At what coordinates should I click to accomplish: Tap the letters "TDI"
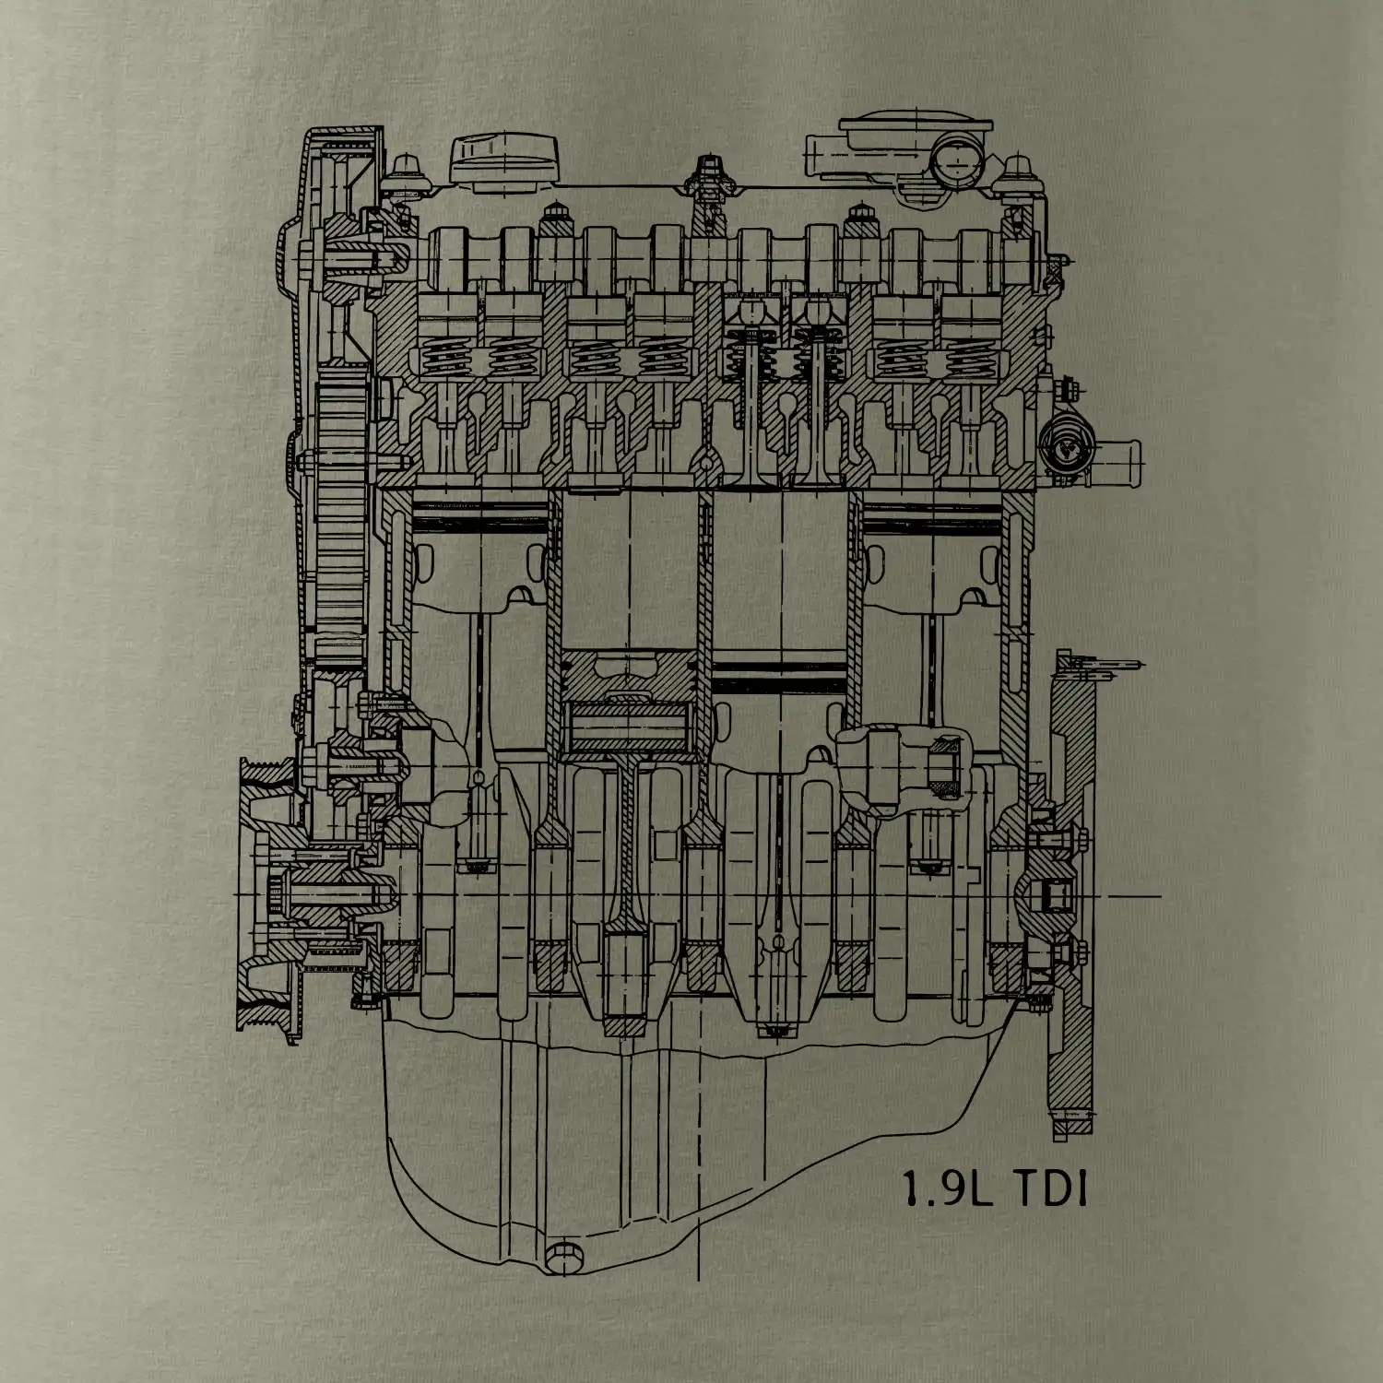pos(1050,1188)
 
